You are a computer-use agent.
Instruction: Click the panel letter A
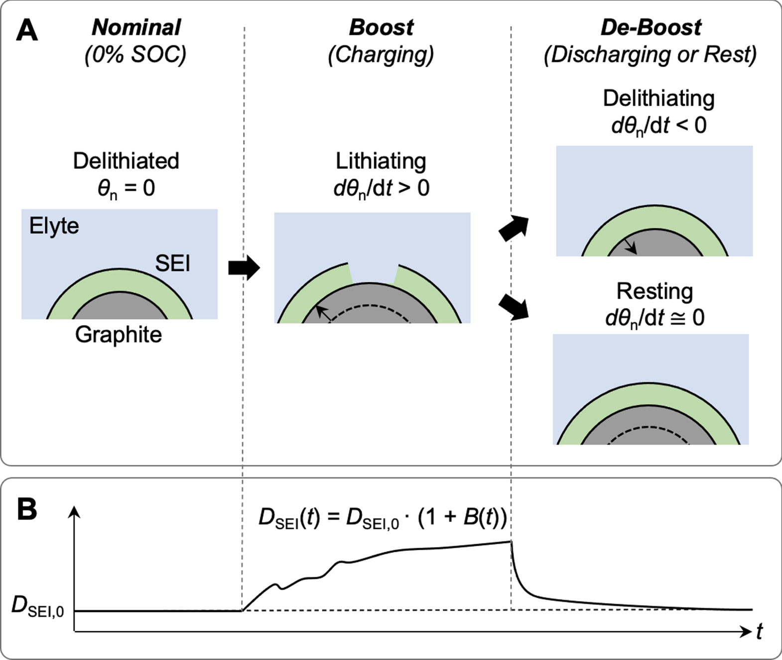coord(27,30)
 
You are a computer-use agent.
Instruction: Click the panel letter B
coord(27,509)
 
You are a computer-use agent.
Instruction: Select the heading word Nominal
coord(136,27)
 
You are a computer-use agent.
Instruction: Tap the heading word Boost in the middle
coord(381,27)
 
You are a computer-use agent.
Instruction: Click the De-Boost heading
coord(651,27)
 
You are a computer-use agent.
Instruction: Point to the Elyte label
coord(54,226)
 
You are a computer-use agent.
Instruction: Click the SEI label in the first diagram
coord(172,263)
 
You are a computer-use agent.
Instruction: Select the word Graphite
coord(119,334)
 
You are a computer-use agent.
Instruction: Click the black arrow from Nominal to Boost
coord(244,268)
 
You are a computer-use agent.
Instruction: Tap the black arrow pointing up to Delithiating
coord(514,229)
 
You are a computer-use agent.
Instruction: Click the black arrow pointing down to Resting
coord(514,307)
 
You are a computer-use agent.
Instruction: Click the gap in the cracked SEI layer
coord(373,273)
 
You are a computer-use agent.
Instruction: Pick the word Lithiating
coord(381,161)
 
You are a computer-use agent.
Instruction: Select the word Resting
coord(654,291)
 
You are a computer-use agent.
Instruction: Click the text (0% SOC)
coord(135,54)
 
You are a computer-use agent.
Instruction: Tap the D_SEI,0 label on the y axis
coord(38,606)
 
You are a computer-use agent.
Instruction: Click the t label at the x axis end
coord(759,632)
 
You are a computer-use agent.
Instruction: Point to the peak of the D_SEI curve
coord(511,541)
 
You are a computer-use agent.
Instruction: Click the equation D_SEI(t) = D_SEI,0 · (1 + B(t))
coord(383,517)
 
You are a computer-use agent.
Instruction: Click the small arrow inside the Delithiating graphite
coord(631,246)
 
